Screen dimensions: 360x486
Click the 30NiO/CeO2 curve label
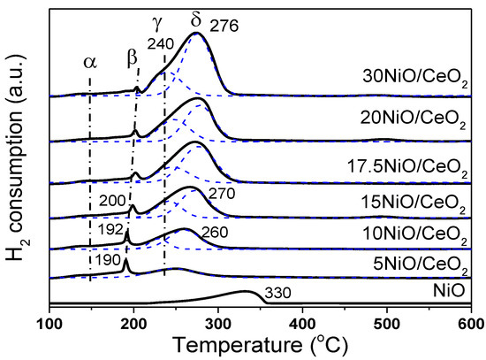click(x=415, y=77)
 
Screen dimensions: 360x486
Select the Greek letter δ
click(x=196, y=17)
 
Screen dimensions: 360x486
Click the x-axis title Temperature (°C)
click(x=259, y=346)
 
